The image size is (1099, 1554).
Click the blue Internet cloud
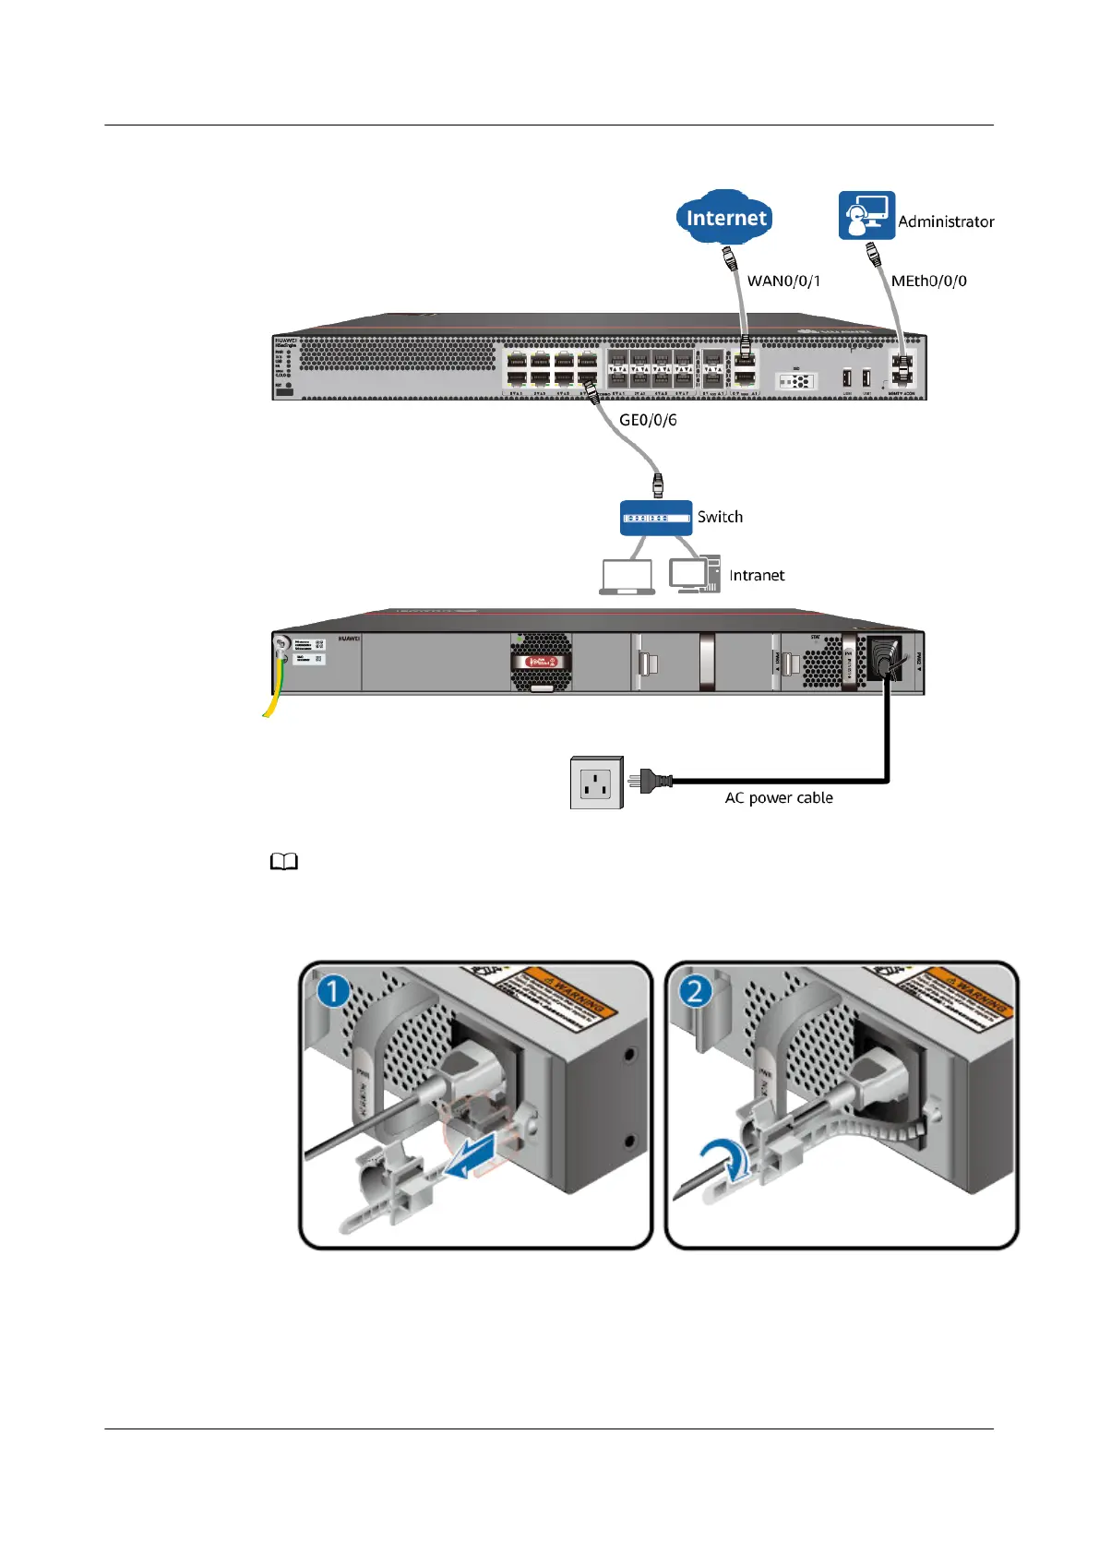725,218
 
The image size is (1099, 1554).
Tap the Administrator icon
866,216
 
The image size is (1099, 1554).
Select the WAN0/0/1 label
783,281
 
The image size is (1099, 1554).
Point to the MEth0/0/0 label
928,281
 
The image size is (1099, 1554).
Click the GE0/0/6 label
648,420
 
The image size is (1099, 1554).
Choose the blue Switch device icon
656,518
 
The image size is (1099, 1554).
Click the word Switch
720,517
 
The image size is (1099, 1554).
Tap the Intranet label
757,575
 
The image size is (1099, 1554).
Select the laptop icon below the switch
627,577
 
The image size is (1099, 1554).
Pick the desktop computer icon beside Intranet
694,574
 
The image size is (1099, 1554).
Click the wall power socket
596,783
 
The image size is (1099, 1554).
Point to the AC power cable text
779,797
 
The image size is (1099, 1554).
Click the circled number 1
333,992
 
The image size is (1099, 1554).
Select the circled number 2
696,992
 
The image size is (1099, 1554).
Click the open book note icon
284,862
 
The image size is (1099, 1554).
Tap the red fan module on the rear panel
542,662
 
